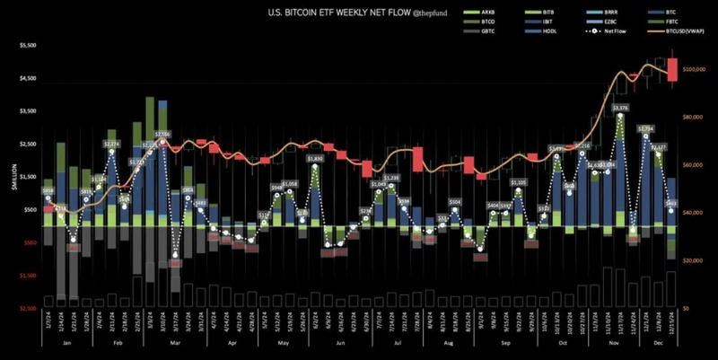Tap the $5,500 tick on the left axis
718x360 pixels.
(x=28, y=45)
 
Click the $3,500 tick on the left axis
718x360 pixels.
(x=28, y=111)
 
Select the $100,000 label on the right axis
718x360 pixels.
(x=696, y=69)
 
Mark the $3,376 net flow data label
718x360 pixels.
(x=620, y=108)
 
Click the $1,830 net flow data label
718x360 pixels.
(x=315, y=158)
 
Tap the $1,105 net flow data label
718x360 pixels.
(x=518, y=182)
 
